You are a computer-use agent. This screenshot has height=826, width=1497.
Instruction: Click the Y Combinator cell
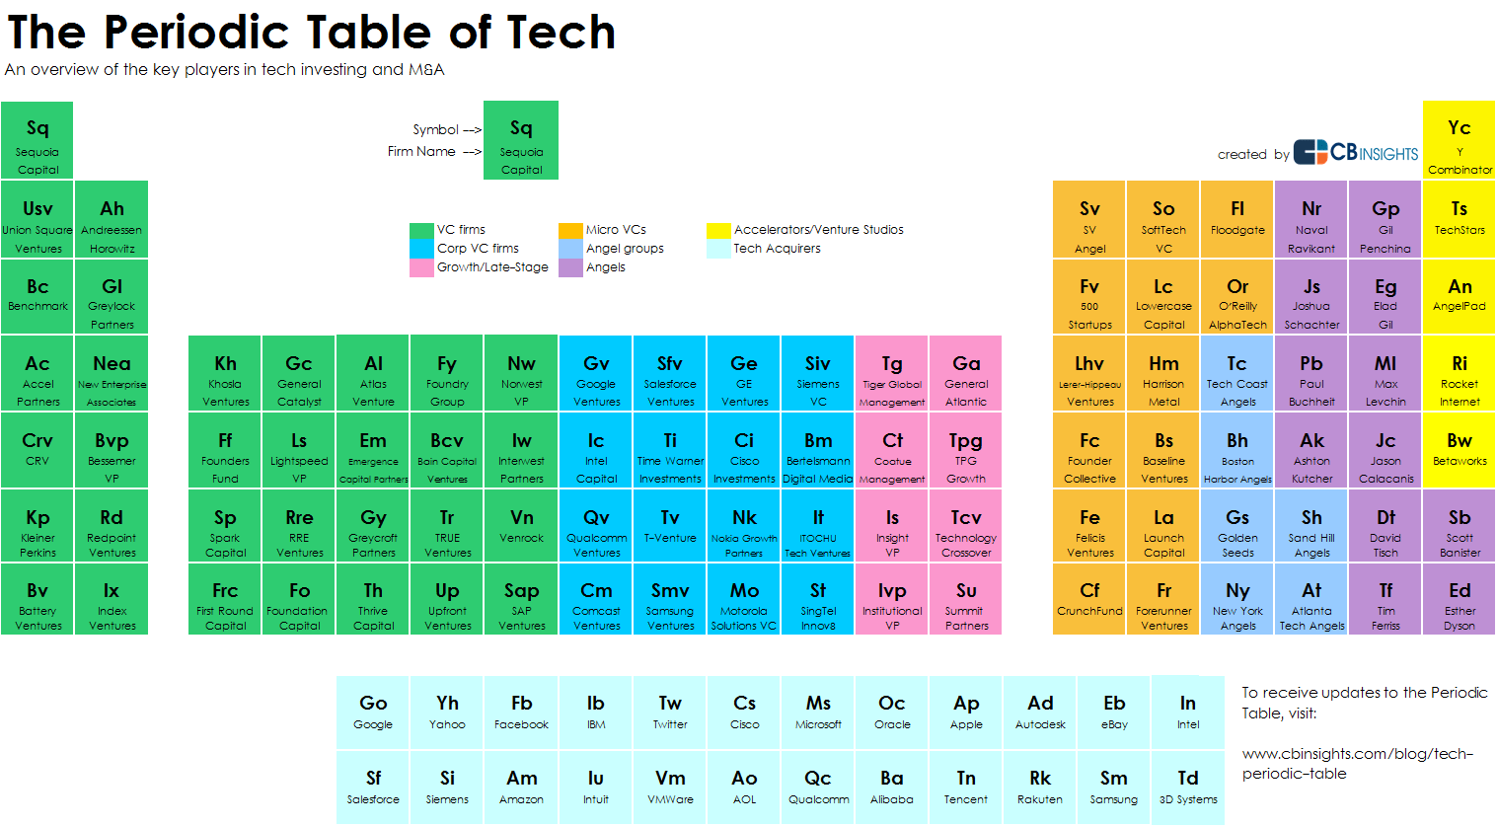(1459, 140)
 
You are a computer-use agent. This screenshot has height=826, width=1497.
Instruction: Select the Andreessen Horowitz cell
(112, 219)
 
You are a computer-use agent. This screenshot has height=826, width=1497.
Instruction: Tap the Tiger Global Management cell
(892, 373)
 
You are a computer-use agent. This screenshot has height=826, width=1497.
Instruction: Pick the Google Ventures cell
(596, 373)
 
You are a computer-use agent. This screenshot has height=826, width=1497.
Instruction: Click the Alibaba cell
(892, 788)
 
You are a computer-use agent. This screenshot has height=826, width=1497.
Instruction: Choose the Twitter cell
(670, 713)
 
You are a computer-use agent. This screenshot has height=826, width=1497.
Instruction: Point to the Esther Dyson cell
(1460, 599)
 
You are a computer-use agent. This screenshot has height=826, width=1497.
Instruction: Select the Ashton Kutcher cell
(1311, 450)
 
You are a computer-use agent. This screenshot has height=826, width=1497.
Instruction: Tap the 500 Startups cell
(1089, 296)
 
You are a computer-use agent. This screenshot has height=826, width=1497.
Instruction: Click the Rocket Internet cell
(1460, 373)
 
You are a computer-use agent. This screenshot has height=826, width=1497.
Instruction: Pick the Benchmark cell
(37, 296)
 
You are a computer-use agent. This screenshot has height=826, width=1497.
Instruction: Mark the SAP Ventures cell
(521, 599)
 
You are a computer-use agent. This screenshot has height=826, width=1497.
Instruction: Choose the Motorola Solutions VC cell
(744, 599)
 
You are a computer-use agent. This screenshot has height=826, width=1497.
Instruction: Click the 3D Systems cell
(1188, 788)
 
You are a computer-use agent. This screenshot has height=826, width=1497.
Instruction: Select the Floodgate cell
(1237, 219)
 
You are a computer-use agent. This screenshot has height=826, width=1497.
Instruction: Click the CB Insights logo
(1356, 152)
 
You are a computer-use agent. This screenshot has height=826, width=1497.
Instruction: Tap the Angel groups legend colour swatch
(570, 249)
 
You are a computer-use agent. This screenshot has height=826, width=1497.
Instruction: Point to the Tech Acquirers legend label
(777, 249)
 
